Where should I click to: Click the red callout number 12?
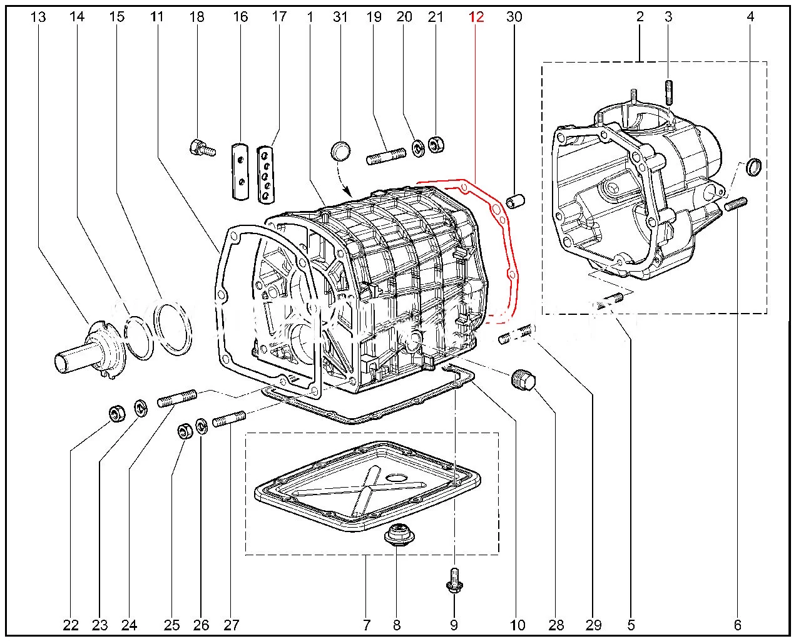(x=476, y=17)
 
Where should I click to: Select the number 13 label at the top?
(x=38, y=17)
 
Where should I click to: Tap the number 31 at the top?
(x=340, y=17)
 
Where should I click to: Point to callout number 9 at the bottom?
(x=454, y=624)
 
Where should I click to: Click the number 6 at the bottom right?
(x=737, y=624)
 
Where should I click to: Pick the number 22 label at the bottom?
(x=71, y=624)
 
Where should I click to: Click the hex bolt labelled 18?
(x=201, y=148)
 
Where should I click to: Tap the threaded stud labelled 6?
(x=737, y=204)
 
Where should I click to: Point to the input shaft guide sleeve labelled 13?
(x=88, y=348)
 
